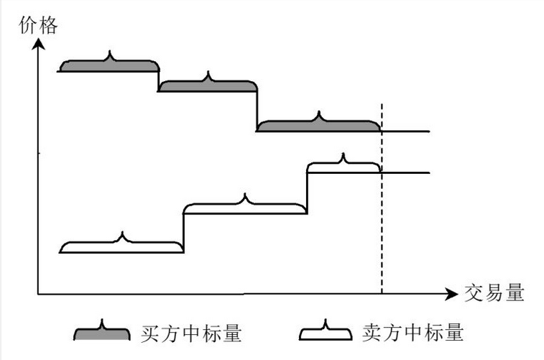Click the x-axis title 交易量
pyautogui.click(x=494, y=293)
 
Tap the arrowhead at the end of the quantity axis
pyautogui.click(x=451, y=294)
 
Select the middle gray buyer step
pyautogui.click(x=207, y=86)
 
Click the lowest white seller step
pyautogui.click(x=122, y=246)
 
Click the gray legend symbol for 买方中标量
pyautogui.click(x=102, y=332)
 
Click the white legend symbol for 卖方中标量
pyautogui.click(x=325, y=332)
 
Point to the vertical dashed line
pyautogui.click(x=381, y=216)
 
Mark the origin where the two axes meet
pyautogui.click(x=38, y=294)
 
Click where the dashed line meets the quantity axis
pyautogui.click(x=381, y=294)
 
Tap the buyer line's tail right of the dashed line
pyautogui.click(x=406, y=131)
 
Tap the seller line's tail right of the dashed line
pyautogui.click(x=406, y=173)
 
